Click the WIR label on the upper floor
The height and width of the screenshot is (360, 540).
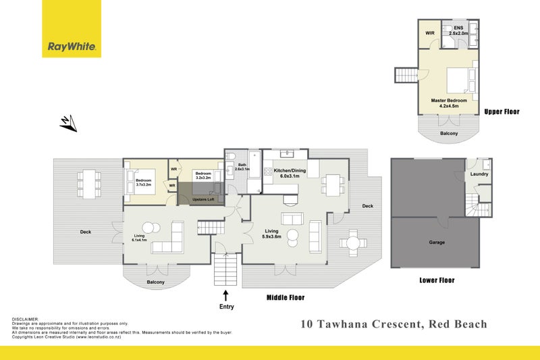[x=429, y=32]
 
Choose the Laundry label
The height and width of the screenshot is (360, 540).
[x=479, y=174]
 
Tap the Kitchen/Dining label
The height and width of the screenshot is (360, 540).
[x=290, y=171]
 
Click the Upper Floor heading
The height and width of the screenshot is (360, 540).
[x=502, y=111]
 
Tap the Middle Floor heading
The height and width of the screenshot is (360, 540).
[x=286, y=297]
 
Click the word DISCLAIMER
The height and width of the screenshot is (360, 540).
[x=26, y=319]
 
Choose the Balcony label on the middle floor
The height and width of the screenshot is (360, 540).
[x=155, y=282]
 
